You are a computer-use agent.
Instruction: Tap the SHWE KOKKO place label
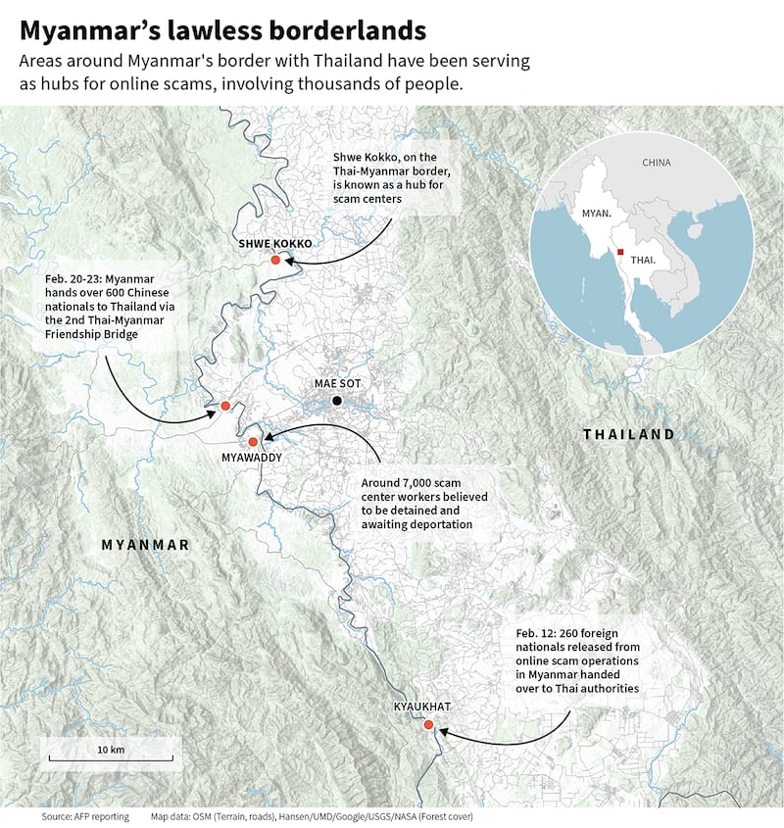point(275,243)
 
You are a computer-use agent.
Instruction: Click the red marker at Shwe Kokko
point(276,261)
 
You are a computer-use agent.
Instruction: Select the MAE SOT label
point(337,384)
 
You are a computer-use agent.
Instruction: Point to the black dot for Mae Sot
point(337,401)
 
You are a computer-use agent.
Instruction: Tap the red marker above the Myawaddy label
point(252,442)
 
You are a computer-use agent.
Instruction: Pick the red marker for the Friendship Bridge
point(225,406)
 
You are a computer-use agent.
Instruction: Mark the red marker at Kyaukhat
point(428,725)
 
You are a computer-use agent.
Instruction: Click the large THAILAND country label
point(629,434)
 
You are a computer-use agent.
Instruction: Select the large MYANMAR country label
point(145,544)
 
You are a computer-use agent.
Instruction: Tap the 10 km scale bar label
point(110,750)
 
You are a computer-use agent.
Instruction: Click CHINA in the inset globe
point(656,162)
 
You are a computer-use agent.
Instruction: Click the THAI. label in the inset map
point(644,261)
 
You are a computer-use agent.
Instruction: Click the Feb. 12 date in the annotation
point(535,634)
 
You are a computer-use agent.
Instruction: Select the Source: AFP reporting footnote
point(84,815)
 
